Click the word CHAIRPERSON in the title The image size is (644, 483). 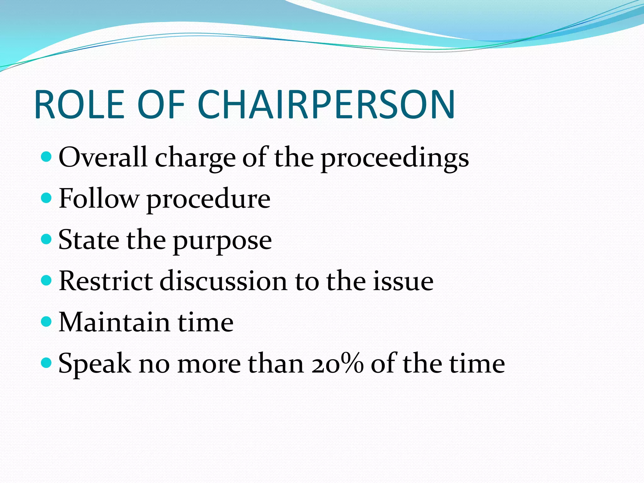326,104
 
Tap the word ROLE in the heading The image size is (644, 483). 80,104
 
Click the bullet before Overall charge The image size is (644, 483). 46,157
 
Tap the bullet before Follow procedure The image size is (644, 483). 46,198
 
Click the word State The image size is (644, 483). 89,240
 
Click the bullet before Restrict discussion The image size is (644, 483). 46,280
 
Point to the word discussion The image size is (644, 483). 223,281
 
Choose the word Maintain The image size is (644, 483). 114,322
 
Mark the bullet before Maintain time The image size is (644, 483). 46,321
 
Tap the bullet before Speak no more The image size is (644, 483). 46,363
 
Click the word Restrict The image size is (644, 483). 106,281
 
